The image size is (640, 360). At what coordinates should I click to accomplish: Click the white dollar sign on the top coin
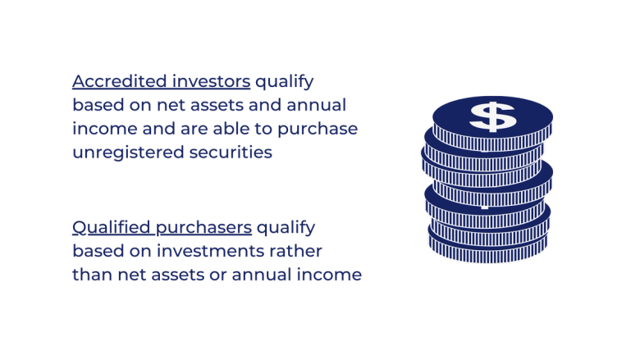(x=492, y=116)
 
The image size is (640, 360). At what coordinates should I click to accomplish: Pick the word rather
(x=300, y=249)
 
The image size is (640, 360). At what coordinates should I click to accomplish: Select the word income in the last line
(x=331, y=273)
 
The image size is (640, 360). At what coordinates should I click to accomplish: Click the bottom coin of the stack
(x=489, y=250)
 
